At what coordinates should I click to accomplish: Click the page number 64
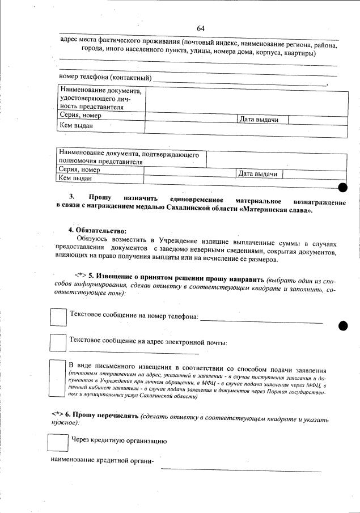201,28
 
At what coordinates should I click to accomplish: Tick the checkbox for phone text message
58,316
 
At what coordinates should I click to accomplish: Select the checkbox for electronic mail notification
58,343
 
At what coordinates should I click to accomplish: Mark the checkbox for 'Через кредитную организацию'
57,443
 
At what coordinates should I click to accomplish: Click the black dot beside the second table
342,186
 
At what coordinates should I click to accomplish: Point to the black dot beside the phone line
342,325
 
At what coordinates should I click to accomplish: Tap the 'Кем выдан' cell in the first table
76,125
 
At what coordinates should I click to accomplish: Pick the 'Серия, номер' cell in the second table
79,169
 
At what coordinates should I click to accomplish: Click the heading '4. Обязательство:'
97,230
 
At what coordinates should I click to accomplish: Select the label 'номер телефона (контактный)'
105,77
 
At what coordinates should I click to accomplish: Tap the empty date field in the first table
317,120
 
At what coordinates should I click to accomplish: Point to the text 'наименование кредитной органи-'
103,460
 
